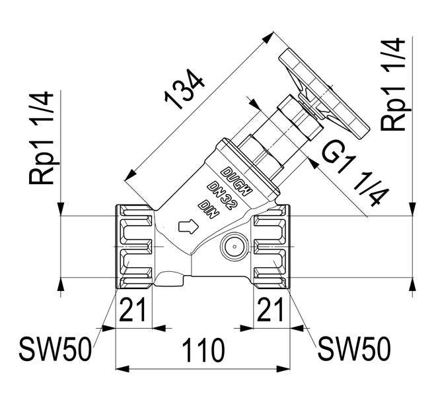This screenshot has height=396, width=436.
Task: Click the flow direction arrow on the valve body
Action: point(188,228)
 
